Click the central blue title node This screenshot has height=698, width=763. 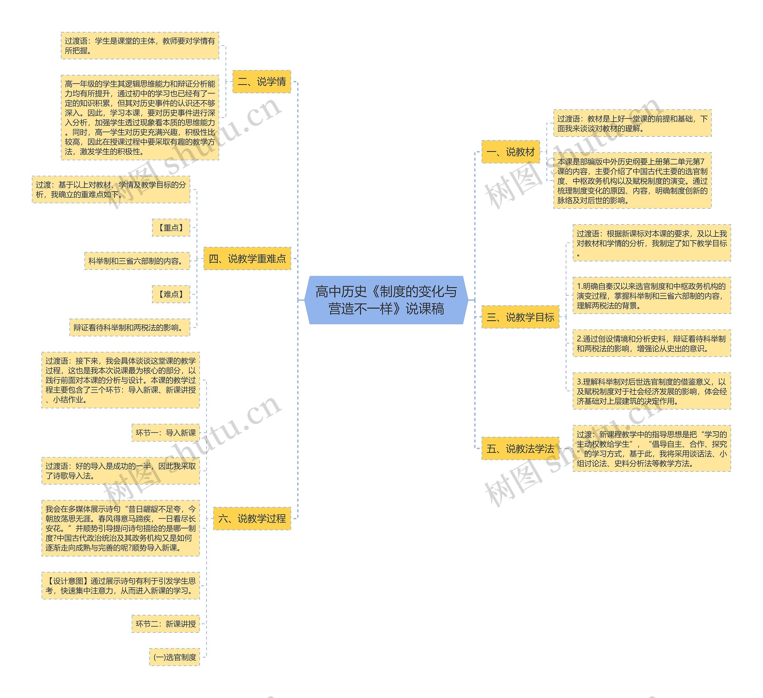coord(386,300)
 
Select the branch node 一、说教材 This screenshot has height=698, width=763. coord(510,152)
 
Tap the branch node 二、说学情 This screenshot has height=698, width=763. coord(261,81)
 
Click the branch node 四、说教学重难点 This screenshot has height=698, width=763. coord(247,259)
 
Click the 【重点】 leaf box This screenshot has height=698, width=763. coord(171,227)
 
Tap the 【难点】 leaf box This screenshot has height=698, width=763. coord(171,294)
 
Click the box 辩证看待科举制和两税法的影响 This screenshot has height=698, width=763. coord(129,327)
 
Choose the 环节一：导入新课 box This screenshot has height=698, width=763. coord(166,433)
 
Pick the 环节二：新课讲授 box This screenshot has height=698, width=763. coord(166,624)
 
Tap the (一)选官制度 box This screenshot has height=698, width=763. coord(174,657)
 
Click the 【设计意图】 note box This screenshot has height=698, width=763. coord(120,586)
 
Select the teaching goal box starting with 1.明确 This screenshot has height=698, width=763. coord(651,295)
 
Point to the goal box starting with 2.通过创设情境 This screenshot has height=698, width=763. coord(651,343)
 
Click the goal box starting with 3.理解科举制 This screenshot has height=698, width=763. coord(651,391)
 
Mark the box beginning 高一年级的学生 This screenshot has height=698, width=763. coord(140,117)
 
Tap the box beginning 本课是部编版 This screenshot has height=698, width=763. coord(632,181)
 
